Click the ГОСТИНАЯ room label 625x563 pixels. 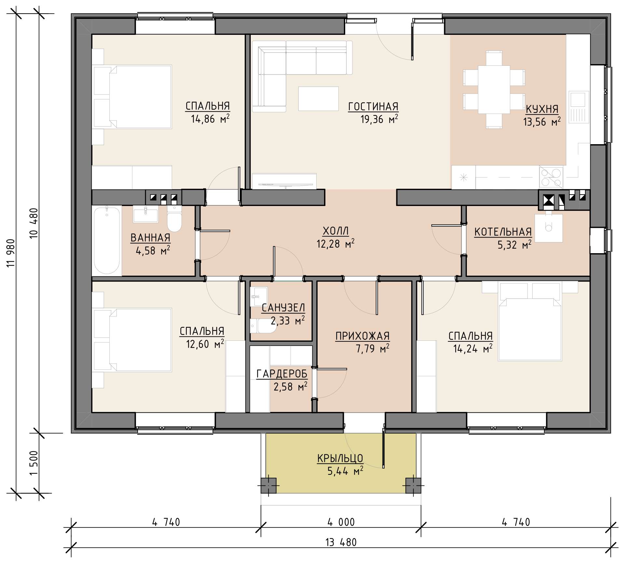[x=373, y=106]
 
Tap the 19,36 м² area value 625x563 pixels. [x=379, y=119]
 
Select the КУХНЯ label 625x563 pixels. [x=542, y=109]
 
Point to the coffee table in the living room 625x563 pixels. [x=319, y=99]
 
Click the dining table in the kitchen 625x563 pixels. [x=494, y=89]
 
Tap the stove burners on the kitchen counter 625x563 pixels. [x=551, y=177]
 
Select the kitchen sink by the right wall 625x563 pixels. [x=579, y=107]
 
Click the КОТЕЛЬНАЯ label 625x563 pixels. [x=503, y=232]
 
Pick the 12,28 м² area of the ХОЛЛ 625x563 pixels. [x=335, y=243]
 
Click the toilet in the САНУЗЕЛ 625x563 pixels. [x=264, y=326]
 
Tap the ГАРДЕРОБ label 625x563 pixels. [x=282, y=374]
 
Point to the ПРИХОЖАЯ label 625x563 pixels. [x=362, y=336]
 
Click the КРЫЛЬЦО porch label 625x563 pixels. [x=340, y=458]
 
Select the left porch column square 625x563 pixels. [x=268, y=486]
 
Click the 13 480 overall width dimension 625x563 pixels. [x=341, y=542]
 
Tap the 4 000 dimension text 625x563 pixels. [x=341, y=522]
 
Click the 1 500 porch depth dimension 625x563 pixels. [x=34, y=463]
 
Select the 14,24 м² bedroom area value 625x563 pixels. [x=473, y=349]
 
